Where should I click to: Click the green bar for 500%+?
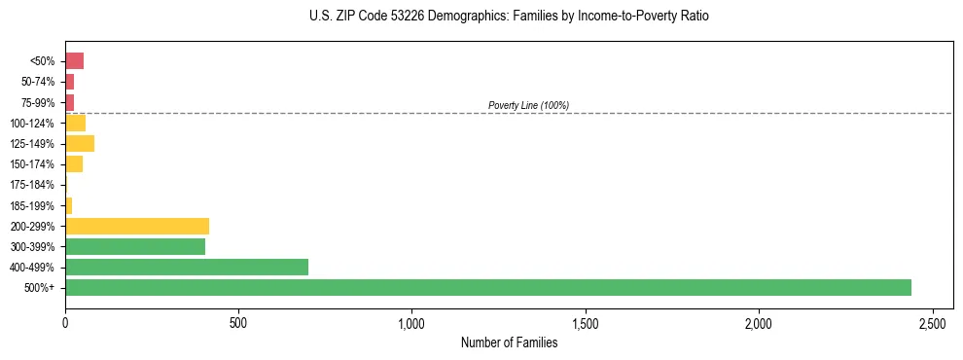click(x=488, y=287)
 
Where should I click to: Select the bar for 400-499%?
click(x=187, y=267)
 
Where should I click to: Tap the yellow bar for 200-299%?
click(x=137, y=226)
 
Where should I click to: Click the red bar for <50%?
click(x=74, y=61)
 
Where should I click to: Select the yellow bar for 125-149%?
click(x=80, y=144)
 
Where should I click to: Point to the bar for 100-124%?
click(x=75, y=123)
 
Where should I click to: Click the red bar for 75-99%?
click(x=69, y=102)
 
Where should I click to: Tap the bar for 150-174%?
click(x=74, y=164)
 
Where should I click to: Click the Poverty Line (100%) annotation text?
click(x=528, y=105)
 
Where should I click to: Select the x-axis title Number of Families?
click(x=509, y=342)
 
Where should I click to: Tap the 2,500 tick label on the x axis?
click(x=932, y=322)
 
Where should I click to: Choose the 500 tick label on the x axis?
click(x=238, y=322)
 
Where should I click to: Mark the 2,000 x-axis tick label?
click(x=759, y=322)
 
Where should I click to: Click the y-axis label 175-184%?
click(x=32, y=185)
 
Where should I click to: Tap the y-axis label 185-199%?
click(x=32, y=205)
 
